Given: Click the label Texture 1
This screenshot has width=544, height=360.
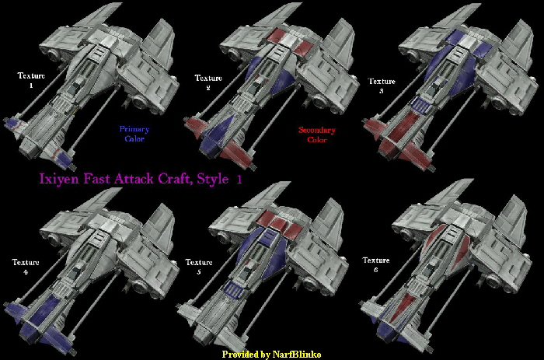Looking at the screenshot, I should (x=32, y=80).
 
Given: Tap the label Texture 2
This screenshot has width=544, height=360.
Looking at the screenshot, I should (x=208, y=82).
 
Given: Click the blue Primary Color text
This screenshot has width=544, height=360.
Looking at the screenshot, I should (x=134, y=134).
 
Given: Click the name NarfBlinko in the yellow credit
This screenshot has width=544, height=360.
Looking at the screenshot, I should (x=297, y=354).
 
